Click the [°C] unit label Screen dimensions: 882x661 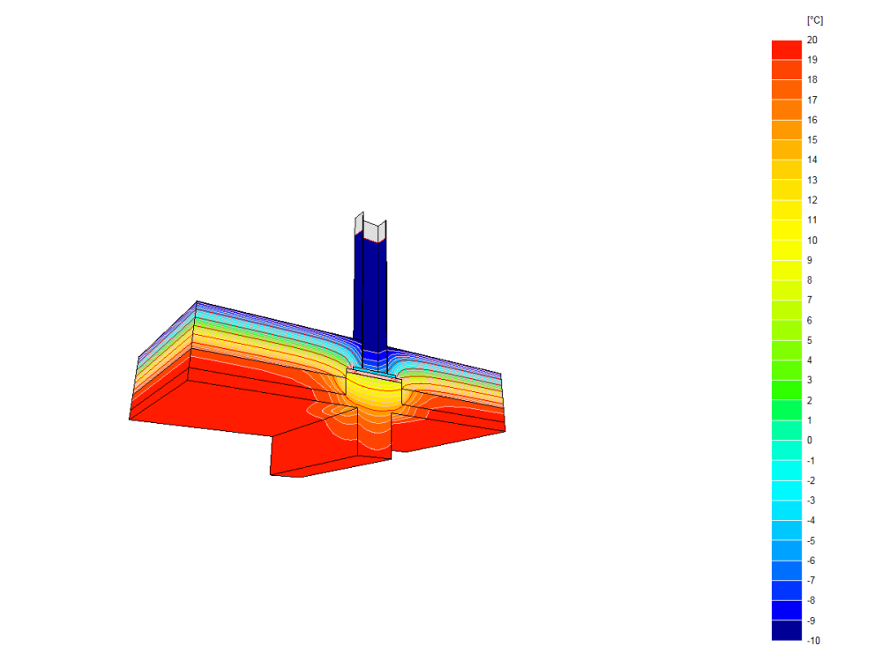tap(814, 21)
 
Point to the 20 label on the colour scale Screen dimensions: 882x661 tap(811, 40)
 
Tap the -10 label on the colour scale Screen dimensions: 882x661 tap(813, 640)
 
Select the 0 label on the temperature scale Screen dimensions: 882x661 tap(810, 440)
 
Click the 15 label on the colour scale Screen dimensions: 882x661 tap(811, 140)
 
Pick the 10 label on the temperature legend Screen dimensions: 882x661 tap(811, 240)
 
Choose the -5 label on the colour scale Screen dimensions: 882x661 tap(811, 541)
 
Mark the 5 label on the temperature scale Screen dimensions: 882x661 tap(810, 340)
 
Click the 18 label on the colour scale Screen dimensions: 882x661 tap(811, 80)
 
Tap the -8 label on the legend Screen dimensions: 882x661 tap(811, 600)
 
